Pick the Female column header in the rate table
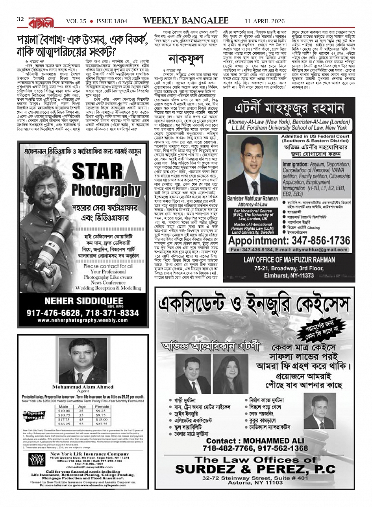[102, 407]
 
